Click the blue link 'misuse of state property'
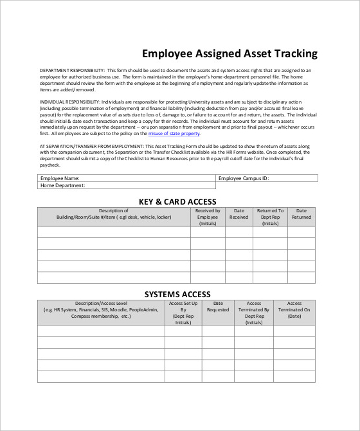coord(174,134)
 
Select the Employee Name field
coord(125,178)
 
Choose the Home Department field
coord(125,186)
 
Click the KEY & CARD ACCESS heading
coord(177,201)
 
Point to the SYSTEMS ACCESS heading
coord(177,294)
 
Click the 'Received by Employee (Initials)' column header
coord(208,217)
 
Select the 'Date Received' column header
coord(239,214)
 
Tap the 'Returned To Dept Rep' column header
coord(270,217)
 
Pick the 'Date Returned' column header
coord(301,214)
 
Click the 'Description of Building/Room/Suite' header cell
coord(114,214)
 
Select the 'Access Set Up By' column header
coord(183,313)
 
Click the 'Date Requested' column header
coord(217,307)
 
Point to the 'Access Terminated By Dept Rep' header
coord(254,313)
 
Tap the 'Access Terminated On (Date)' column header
coord(294,309)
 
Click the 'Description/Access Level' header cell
coord(101,309)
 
